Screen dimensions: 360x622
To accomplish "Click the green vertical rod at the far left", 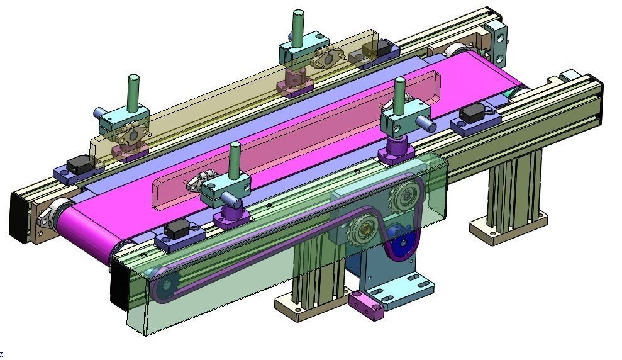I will pos(133,92).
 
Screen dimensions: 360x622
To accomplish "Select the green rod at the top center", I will pos(298,26).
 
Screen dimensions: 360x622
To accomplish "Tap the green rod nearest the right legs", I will pos(399,94).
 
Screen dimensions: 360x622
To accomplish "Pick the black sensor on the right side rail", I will pos(472,115).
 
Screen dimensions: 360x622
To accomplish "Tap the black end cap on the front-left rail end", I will pos(118,286).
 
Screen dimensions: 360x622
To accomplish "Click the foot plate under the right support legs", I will pos(507,230).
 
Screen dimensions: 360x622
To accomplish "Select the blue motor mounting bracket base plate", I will pos(403,293).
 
